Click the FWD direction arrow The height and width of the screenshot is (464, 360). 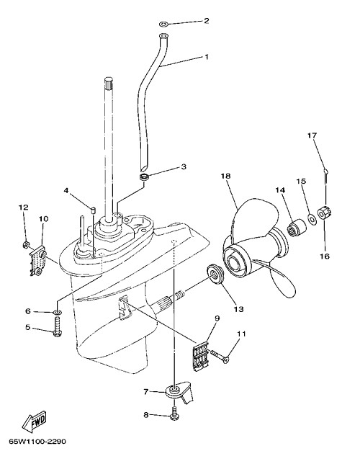coord(35,421)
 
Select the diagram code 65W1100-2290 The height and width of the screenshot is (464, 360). coord(37,442)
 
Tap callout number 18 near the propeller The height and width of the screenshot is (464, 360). coord(225,176)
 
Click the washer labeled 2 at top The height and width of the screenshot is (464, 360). coord(163,23)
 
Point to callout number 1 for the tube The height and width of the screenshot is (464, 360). coord(207,56)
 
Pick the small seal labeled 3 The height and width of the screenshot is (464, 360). coord(144,177)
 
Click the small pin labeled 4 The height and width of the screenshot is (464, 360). coord(92,211)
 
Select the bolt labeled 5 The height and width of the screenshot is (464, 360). coord(57,328)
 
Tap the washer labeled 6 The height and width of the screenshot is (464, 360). coord(58,311)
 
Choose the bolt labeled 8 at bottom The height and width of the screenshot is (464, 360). coord(174,414)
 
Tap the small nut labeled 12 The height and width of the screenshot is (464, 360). coord(26,244)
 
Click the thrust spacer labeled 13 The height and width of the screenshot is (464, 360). coord(216,274)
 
